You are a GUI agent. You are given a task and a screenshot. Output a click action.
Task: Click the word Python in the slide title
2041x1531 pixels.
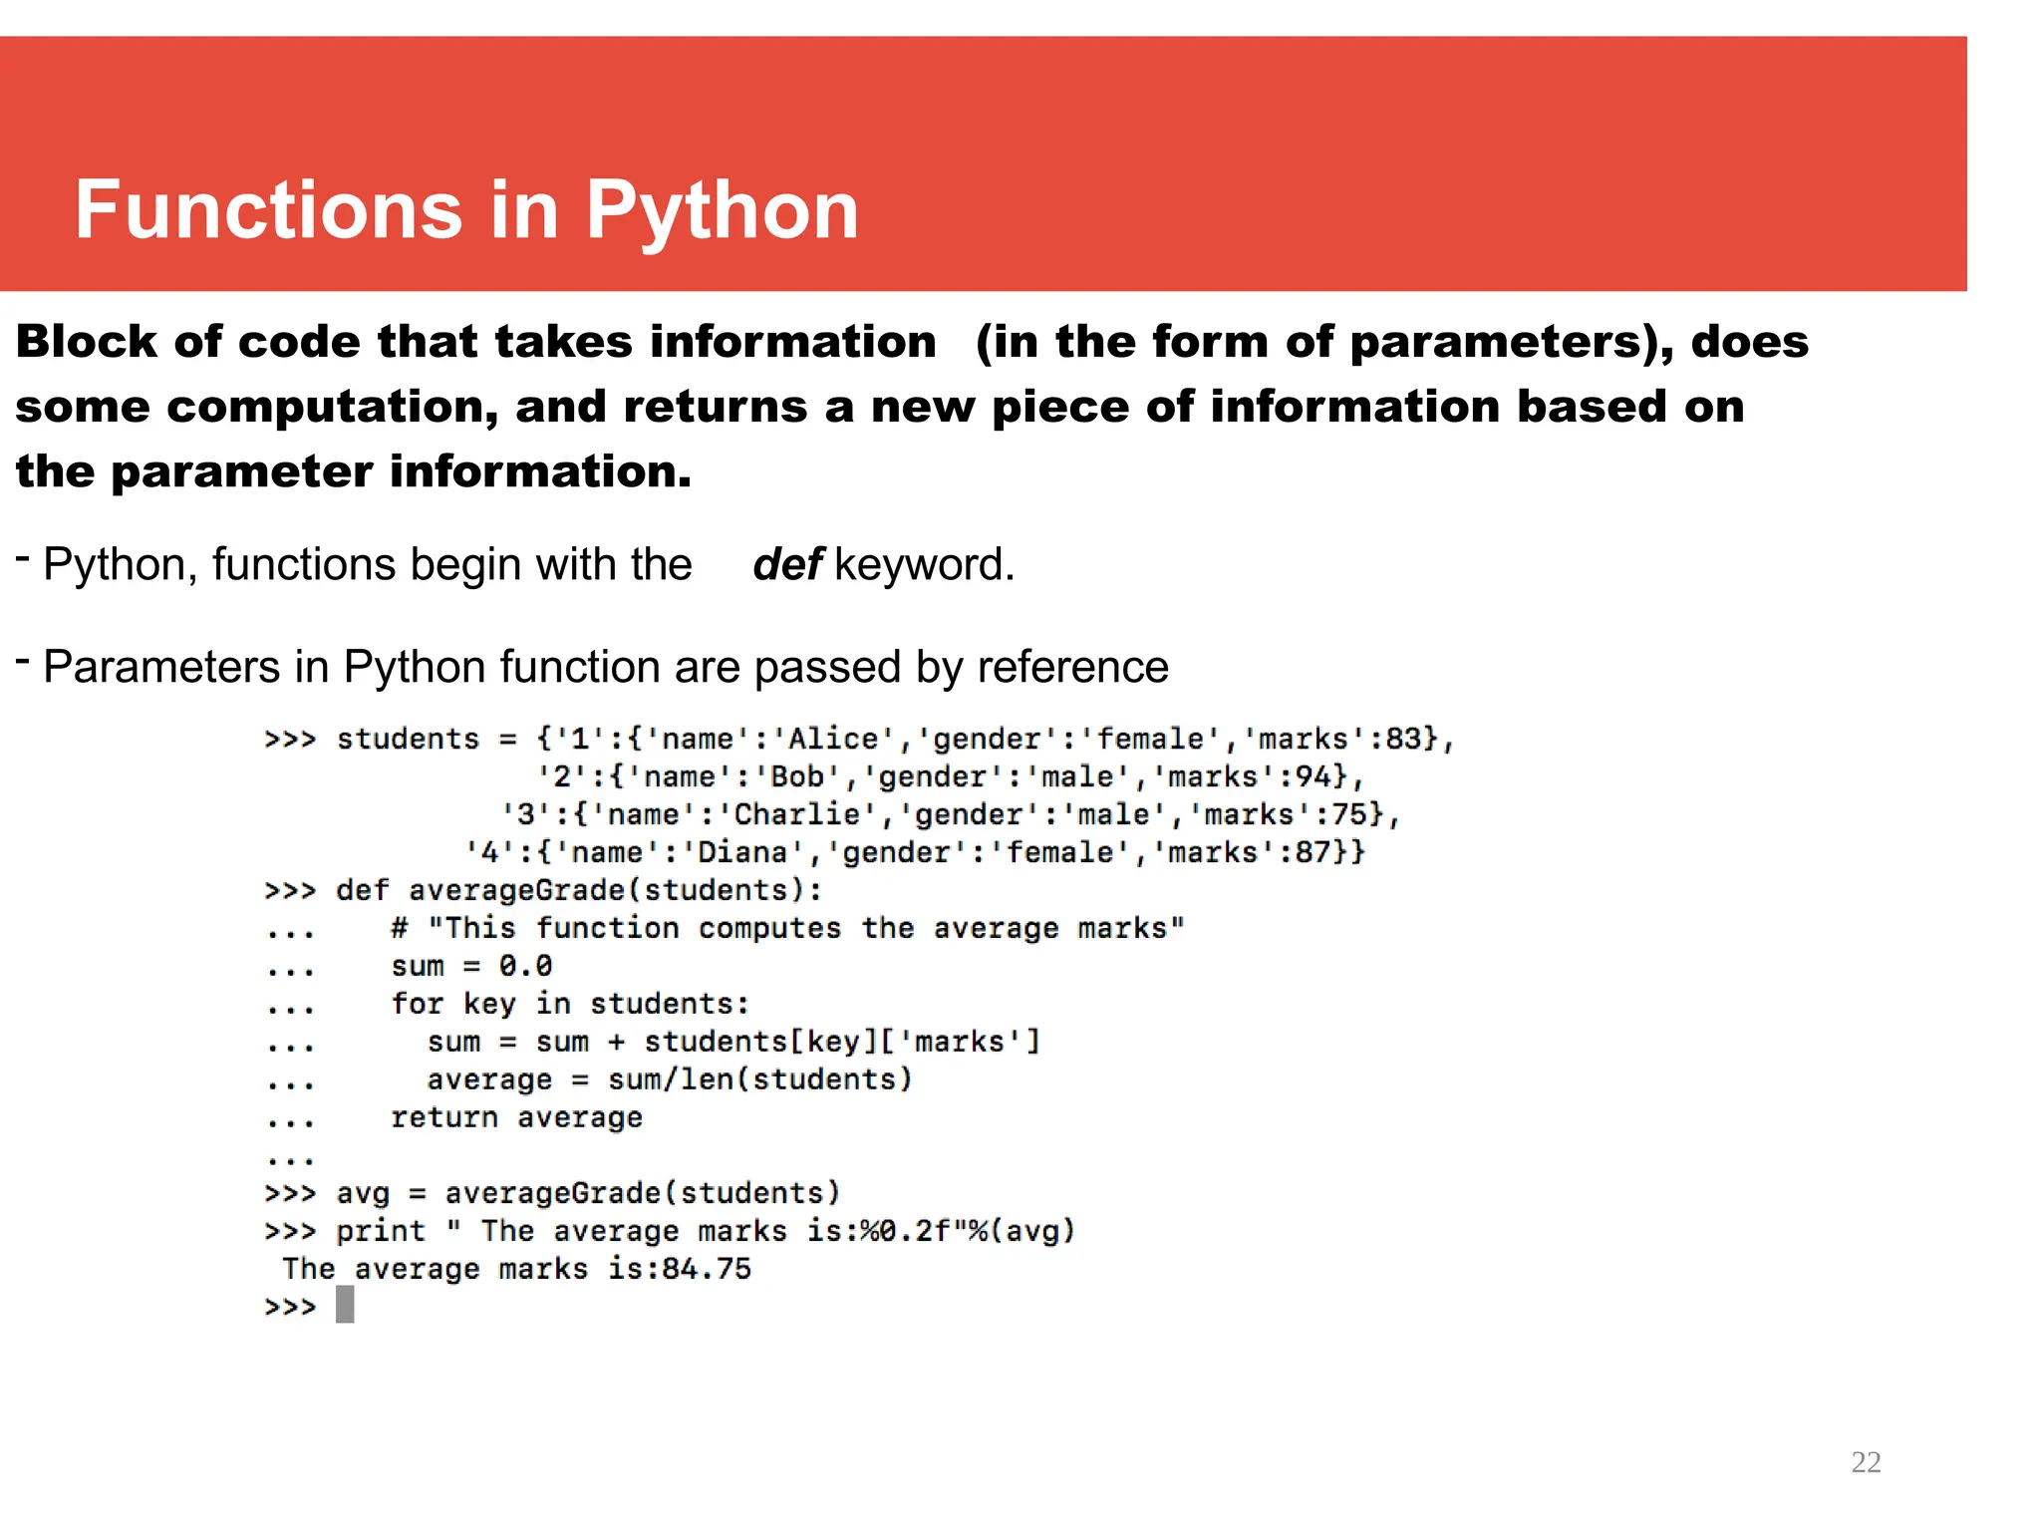pyautogui.click(x=722, y=212)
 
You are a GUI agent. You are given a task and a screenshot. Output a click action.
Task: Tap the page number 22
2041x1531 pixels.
pyautogui.click(x=1866, y=1462)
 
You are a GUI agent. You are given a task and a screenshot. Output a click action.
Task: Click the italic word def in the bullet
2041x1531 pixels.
pyautogui.click(x=787, y=565)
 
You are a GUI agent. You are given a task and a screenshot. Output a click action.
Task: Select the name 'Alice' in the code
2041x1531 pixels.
pyautogui.click(x=833, y=740)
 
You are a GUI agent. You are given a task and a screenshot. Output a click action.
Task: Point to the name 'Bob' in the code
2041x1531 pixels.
pyautogui.click(x=797, y=777)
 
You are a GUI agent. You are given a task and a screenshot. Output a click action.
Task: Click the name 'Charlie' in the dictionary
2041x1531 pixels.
pyautogui.click(x=796, y=815)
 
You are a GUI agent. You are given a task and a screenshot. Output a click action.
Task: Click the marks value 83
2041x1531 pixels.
pyautogui.click(x=1403, y=740)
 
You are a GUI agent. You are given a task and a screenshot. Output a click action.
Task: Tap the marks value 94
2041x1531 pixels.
pyautogui.click(x=1312, y=777)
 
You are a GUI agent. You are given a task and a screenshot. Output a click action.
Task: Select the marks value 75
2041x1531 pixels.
pyautogui.click(x=1349, y=815)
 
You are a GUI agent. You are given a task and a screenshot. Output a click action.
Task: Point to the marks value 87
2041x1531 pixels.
pyautogui.click(x=1312, y=853)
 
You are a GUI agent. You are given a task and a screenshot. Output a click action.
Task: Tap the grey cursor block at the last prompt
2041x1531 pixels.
pyautogui.click(x=345, y=1305)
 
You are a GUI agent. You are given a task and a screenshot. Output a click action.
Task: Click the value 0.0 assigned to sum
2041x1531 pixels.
pyautogui.click(x=525, y=967)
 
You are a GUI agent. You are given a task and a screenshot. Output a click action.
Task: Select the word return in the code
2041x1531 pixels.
pyautogui.click(x=443, y=1118)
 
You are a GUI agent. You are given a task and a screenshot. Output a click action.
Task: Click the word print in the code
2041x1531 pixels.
pyautogui.click(x=380, y=1232)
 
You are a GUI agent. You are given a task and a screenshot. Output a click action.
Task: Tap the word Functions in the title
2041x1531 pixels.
pyautogui.click(x=268, y=212)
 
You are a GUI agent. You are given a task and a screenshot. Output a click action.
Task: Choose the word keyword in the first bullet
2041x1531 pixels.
pyautogui.click(x=924, y=565)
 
